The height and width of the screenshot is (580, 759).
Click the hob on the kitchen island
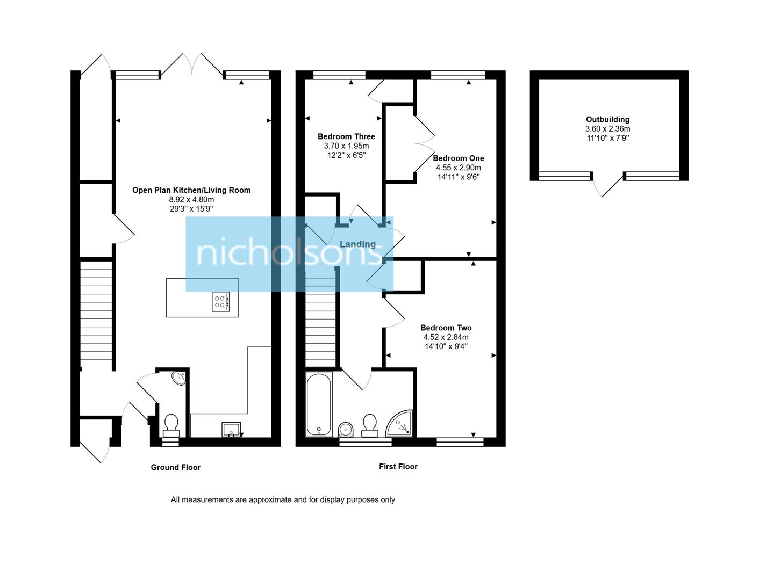[x=220, y=301]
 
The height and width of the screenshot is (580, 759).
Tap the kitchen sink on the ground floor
[x=232, y=429]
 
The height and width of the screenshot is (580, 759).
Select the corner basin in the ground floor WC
[x=179, y=378]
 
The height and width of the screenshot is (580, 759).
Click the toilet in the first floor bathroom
[x=370, y=424]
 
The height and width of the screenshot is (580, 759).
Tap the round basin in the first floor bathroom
[x=346, y=429]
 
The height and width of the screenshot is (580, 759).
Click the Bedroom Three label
[x=346, y=136]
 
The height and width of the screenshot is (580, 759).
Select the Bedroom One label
[x=458, y=158]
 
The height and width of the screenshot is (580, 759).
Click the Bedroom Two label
[x=446, y=328]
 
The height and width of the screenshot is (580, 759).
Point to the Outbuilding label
[x=607, y=119]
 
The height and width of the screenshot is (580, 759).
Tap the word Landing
[x=357, y=244]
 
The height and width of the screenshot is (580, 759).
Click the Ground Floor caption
[x=175, y=467]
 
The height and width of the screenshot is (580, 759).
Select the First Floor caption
[x=398, y=467]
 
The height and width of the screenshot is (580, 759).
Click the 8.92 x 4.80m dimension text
[x=191, y=199]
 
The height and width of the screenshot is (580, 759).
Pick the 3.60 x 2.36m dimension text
[x=607, y=129]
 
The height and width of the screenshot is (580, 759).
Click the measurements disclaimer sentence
[x=283, y=499]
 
